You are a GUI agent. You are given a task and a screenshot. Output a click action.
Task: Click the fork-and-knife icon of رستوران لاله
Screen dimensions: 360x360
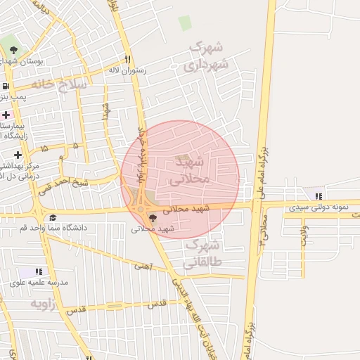(127, 59)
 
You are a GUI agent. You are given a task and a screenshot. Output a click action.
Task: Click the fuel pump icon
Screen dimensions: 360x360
(6, 86)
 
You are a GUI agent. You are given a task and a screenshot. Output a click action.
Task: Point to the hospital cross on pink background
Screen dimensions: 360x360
(6, 115)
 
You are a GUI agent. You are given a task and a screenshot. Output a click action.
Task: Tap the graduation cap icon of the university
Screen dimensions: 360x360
(53, 217)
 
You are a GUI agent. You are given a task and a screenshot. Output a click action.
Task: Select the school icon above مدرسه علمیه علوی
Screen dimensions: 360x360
(39, 271)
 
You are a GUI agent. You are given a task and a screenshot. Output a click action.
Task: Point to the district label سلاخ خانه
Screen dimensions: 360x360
(62, 83)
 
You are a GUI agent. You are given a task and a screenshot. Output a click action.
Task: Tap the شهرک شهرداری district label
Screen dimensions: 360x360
(206, 56)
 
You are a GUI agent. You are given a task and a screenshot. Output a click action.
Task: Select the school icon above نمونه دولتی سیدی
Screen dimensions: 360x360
(320, 196)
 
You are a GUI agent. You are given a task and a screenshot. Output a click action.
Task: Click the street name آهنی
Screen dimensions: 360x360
(143, 266)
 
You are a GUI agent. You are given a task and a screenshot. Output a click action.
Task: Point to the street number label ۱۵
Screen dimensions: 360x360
(46, 149)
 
